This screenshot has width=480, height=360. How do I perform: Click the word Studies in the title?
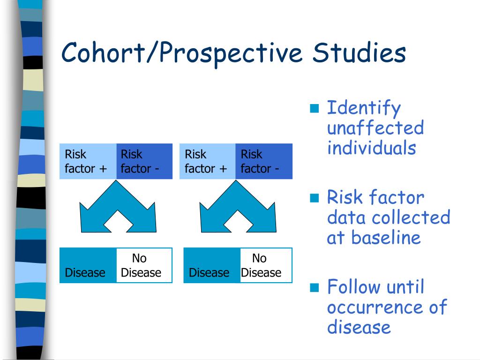point(359,52)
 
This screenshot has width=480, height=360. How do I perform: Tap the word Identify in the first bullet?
point(364,109)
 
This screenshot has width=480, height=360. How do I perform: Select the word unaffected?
point(375,128)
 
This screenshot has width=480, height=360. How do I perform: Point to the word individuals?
point(371,148)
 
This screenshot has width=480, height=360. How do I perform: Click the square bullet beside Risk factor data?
point(314,197)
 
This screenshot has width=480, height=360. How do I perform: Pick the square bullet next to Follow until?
point(314,287)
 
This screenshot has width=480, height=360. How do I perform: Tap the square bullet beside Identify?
point(314,108)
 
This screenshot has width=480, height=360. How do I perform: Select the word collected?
point(411,217)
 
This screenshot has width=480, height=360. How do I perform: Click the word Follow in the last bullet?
point(353,287)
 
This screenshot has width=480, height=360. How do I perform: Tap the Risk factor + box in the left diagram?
point(88,161)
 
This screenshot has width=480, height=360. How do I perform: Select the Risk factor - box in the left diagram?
point(144,161)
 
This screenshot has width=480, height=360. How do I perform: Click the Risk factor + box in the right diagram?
point(207,161)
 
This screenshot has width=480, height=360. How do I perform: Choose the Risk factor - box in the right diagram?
point(263,161)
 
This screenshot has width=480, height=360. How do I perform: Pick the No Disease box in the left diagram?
point(144,265)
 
